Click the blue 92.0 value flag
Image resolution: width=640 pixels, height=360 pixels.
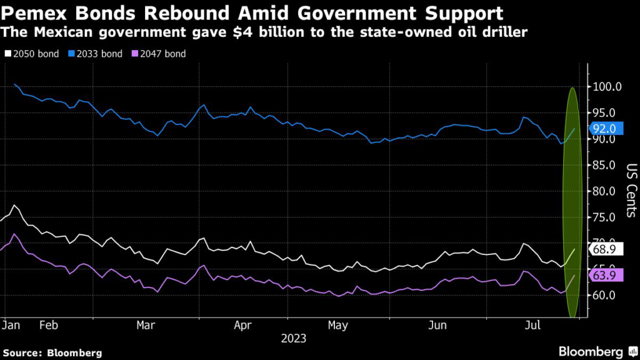(605, 129)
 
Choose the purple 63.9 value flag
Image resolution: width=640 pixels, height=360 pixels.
(605, 275)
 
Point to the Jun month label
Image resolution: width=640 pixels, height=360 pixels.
(437, 326)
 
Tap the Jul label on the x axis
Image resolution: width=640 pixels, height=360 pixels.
(532, 326)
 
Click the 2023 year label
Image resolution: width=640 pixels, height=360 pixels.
(293, 339)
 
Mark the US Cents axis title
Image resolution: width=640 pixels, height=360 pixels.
(631, 191)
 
